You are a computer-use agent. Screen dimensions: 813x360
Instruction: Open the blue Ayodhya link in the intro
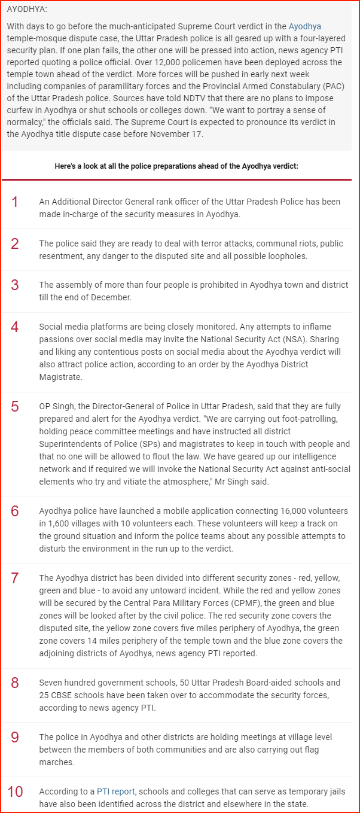[x=305, y=26]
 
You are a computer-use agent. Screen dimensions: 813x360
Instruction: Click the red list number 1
[x=15, y=202]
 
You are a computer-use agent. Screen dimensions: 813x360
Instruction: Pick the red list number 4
[x=15, y=327]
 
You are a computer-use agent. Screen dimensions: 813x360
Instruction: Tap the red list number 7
[x=15, y=578]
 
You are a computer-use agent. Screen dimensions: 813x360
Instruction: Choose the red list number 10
[x=15, y=792]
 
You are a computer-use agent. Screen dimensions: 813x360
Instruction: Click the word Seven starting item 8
[x=51, y=683]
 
